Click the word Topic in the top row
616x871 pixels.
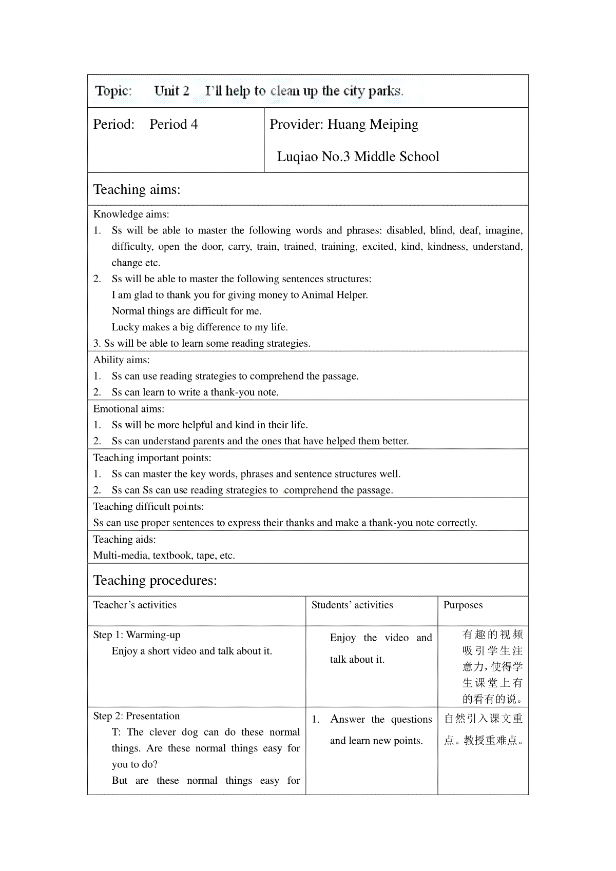click(x=113, y=91)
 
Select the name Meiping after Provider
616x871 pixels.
click(x=395, y=125)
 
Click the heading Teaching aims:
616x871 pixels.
click(x=137, y=189)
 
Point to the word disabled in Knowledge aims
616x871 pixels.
click(x=405, y=230)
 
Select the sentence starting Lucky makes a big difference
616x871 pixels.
click(x=200, y=327)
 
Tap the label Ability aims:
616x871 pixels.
click(x=121, y=360)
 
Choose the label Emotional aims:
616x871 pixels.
click(x=128, y=409)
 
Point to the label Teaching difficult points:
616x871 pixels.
click(x=148, y=507)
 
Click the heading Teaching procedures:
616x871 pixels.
click(x=155, y=580)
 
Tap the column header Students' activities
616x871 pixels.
click(x=352, y=605)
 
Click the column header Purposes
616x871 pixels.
click(x=463, y=605)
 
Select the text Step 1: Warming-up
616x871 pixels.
click(x=137, y=635)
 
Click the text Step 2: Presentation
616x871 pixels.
click(x=137, y=716)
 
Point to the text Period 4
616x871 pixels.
click(x=174, y=125)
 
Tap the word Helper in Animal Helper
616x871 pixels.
click(x=351, y=295)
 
